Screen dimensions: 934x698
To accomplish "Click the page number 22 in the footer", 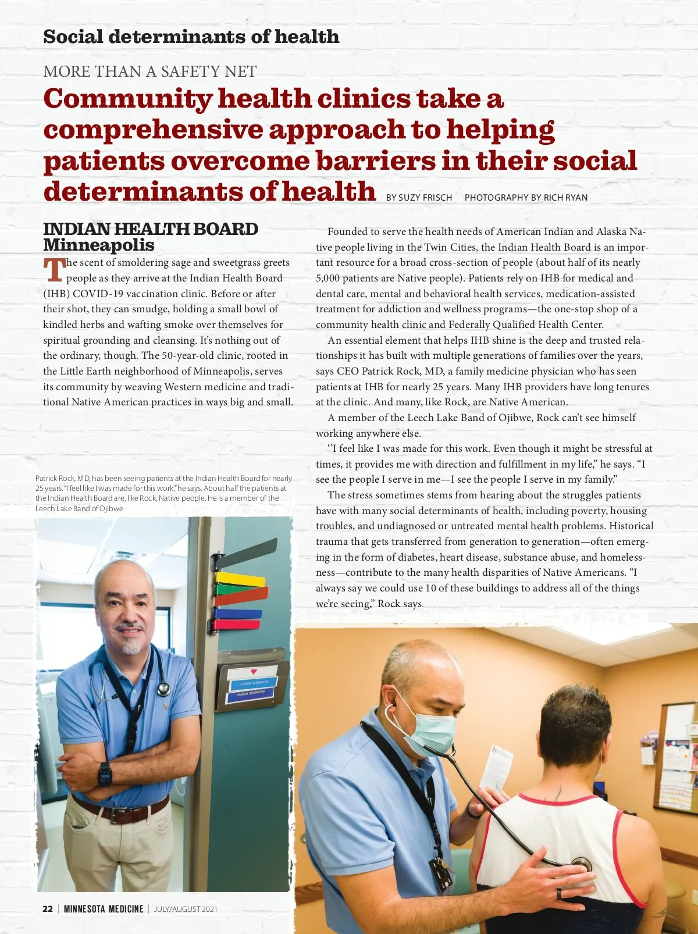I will click(48, 909).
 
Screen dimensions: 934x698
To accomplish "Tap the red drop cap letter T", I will click(54, 270).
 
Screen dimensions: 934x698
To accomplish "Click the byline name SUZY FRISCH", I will click(425, 198).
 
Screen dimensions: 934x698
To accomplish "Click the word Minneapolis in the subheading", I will click(99, 245).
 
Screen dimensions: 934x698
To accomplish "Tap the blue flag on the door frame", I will click(238, 614).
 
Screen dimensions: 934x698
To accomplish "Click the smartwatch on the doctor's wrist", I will click(105, 774).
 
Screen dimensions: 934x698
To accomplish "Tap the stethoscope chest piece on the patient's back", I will click(581, 864).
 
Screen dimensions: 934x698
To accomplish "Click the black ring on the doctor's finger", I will click(559, 893).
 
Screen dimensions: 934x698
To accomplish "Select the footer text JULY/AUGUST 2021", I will click(186, 909).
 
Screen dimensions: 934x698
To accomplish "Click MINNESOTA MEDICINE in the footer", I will click(104, 909).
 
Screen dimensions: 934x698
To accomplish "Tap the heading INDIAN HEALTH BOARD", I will click(151, 229).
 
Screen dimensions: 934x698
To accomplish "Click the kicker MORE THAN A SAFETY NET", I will click(149, 72).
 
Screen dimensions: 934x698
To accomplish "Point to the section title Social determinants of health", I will click(191, 37).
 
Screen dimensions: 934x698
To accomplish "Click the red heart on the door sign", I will click(254, 672).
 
